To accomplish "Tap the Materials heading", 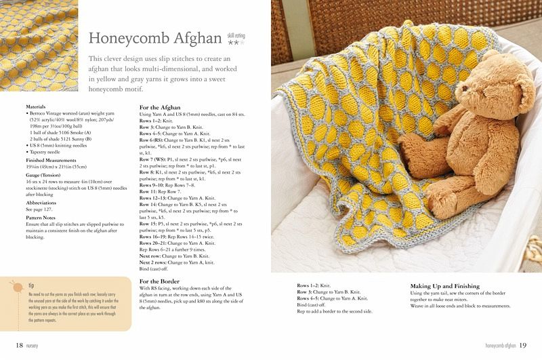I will [x=36, y=106].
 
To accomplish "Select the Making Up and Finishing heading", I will [x=445, y=286].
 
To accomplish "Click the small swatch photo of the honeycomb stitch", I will [x=39, y=46].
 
